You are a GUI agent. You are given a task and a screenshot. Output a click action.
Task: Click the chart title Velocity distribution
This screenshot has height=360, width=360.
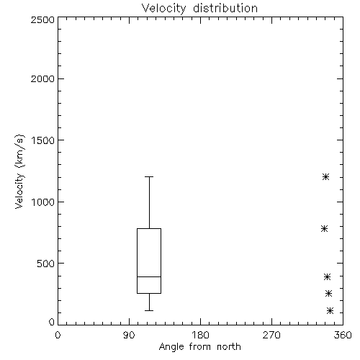(199, 9)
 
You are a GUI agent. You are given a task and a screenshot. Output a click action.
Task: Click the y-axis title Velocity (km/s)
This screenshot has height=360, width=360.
(19, 171)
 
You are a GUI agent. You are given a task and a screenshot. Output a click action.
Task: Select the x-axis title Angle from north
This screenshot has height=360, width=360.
(199, 347)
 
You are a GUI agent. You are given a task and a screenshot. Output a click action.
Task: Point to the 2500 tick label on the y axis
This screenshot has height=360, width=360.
(42, 19)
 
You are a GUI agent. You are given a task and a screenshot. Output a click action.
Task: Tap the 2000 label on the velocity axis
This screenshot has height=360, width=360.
(42, 78)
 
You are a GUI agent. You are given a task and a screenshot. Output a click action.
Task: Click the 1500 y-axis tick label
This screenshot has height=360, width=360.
(43, 140)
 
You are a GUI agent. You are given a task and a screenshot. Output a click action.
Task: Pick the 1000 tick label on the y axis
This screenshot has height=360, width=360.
(43, 202)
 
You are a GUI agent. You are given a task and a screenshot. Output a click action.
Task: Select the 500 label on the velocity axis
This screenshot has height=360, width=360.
(46, 264)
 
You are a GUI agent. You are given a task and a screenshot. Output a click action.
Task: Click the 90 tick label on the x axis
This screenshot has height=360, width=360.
(129, 335)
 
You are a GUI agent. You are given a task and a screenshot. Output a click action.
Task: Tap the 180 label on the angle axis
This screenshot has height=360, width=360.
(200, 335)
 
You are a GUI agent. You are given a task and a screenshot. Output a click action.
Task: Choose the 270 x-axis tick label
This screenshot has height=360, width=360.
(271, 335)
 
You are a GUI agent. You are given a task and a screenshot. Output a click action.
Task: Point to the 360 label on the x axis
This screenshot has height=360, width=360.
(343, 335)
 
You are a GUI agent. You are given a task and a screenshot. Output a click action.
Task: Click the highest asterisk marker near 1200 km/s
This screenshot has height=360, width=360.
(325, 177)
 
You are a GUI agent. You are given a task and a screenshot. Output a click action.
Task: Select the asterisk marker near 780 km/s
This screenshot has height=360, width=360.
(325, 228)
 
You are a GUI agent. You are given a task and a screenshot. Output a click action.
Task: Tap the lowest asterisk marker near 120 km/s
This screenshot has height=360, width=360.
(330, 311)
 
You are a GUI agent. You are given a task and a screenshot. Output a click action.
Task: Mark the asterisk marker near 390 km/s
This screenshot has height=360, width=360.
(327, 277)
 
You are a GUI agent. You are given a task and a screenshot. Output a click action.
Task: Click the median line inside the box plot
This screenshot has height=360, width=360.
(149, 276)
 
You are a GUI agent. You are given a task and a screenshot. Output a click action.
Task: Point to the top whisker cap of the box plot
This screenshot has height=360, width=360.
(149, 176)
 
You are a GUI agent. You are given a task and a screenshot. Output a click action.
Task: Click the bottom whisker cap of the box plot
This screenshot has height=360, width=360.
(149, 310)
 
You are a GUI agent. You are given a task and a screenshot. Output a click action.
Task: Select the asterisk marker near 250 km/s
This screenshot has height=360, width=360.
(328, 293)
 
